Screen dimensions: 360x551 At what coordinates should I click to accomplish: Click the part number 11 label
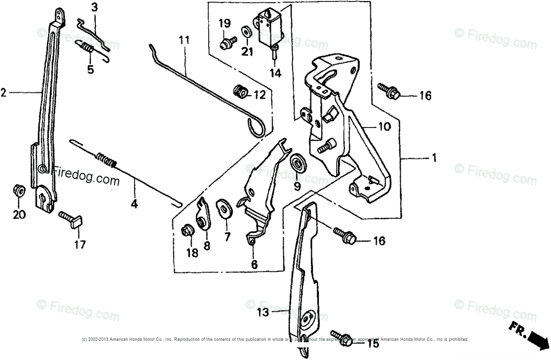184,40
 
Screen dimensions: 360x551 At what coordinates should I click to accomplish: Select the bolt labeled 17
71,218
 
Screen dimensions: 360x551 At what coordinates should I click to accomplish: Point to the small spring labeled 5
88,49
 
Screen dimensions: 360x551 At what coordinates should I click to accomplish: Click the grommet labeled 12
241,92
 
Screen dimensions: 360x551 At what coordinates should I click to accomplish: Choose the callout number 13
263,312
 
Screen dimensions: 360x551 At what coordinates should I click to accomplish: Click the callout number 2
4,93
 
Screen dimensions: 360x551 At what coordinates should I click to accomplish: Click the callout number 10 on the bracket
384,127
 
